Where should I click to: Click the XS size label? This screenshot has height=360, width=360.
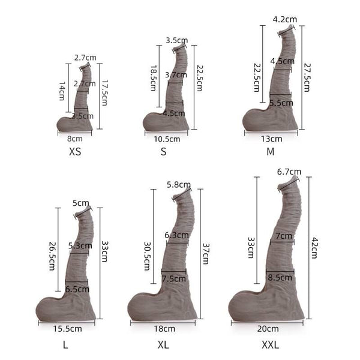pos(75,152)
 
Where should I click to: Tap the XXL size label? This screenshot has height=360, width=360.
pos(270,345)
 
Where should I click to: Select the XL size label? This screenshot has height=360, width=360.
pos(164,345)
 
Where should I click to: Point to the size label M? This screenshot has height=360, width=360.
pos(270,152)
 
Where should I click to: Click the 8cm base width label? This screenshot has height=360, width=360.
pos(74,138)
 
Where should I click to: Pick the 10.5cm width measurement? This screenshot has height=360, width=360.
pos(167,139)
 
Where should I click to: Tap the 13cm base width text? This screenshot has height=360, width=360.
pos(271,138)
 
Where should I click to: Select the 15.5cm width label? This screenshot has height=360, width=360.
pos(66,328)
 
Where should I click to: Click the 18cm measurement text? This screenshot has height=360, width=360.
pos(165,328)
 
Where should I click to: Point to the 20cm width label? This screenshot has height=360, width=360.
pos(268,328)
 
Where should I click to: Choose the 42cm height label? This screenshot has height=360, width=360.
pos(314,247)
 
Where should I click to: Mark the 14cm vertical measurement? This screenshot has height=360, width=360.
pos(62,91)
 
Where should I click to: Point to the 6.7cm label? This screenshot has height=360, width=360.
pos(289,172)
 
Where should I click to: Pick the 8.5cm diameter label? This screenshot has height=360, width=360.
pos(280,277)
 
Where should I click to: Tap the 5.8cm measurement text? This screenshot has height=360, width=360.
pos(179,184)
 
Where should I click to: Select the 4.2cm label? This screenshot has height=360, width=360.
pos(284,19)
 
